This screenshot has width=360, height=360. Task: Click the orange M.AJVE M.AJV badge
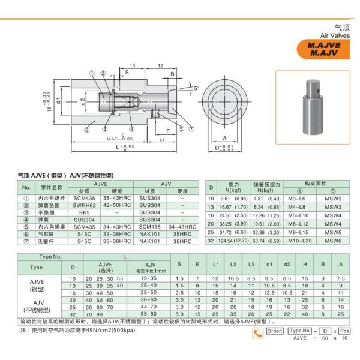[325, 48]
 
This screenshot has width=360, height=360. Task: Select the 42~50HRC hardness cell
[113, 205]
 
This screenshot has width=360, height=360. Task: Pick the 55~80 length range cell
[149, 313]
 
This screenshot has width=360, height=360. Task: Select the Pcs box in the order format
[344, 331]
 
